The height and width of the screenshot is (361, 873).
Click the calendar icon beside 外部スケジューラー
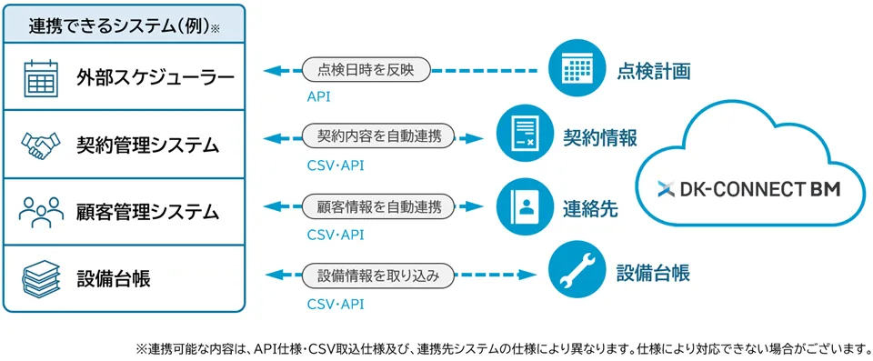pos(39,78)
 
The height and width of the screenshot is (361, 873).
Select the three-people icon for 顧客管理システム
pos(39,212)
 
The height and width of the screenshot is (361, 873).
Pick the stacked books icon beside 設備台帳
pos(39,278)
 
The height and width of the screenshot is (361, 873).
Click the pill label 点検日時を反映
pos(366,71)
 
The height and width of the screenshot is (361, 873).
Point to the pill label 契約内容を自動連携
pos(378,137)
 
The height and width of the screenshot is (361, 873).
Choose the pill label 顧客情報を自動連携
pos(378,206)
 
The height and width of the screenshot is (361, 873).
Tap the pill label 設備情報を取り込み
pos(378,275)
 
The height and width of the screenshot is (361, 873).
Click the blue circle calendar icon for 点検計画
pos(572,70)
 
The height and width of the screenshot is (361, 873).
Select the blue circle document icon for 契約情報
pos(519,137)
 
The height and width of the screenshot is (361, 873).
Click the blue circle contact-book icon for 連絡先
pos(519,206)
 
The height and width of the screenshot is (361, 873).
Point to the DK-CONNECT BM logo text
pos(748,190)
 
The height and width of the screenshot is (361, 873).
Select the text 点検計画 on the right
pos(654,71)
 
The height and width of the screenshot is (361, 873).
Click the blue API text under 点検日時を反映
pos(318,97)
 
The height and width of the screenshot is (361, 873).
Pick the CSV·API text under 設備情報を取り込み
pos(336,304)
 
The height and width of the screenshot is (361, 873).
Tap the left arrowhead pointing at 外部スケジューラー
pos(272,71)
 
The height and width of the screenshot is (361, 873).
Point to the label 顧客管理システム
pos(147,212)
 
